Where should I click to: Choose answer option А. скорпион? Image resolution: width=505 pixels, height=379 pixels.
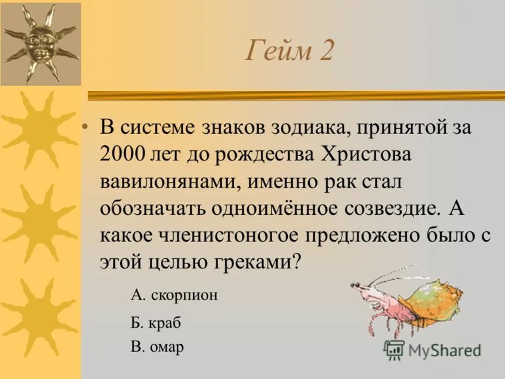[174, 295]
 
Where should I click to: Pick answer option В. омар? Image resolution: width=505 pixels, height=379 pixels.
[157, 347]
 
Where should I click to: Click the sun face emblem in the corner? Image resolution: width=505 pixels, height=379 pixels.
[40, 43]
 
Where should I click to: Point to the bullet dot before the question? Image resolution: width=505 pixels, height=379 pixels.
[85, 126]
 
